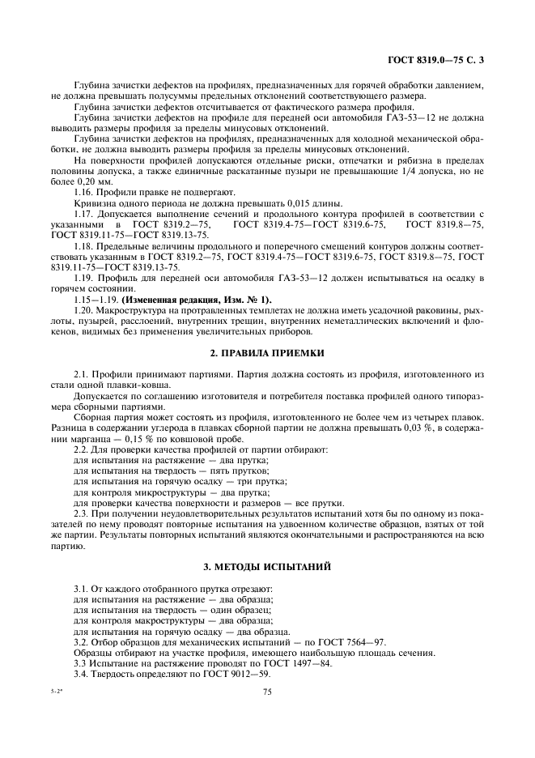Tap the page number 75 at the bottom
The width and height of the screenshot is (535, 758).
[267, 692]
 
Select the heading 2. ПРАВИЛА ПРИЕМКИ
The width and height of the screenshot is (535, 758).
[267, 354]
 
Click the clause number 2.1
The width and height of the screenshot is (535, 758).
[82, 375]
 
